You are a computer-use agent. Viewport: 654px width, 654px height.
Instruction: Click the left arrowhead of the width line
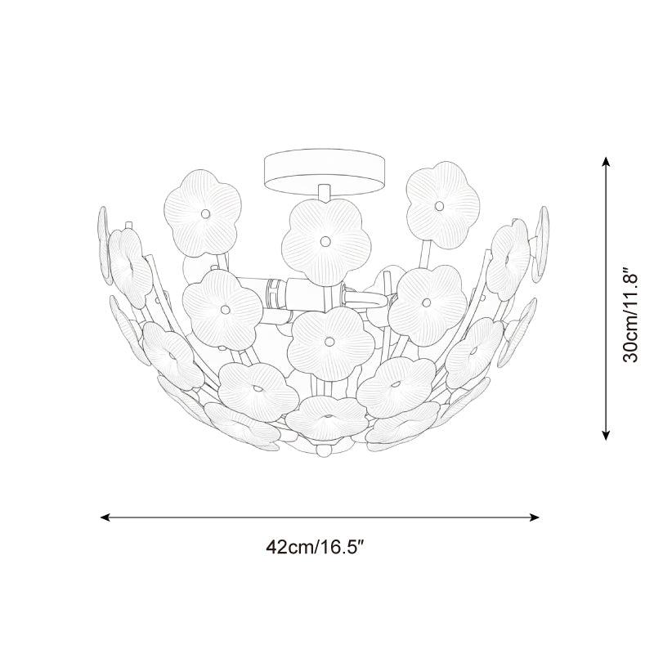click(x=104, y=517)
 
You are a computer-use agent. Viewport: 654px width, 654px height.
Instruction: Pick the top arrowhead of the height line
click(x=607, y=162)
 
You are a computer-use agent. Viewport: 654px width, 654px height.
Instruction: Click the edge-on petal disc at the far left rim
click(x=104, y=233)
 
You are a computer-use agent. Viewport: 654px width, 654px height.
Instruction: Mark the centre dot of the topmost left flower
click(x=206, y=213)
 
